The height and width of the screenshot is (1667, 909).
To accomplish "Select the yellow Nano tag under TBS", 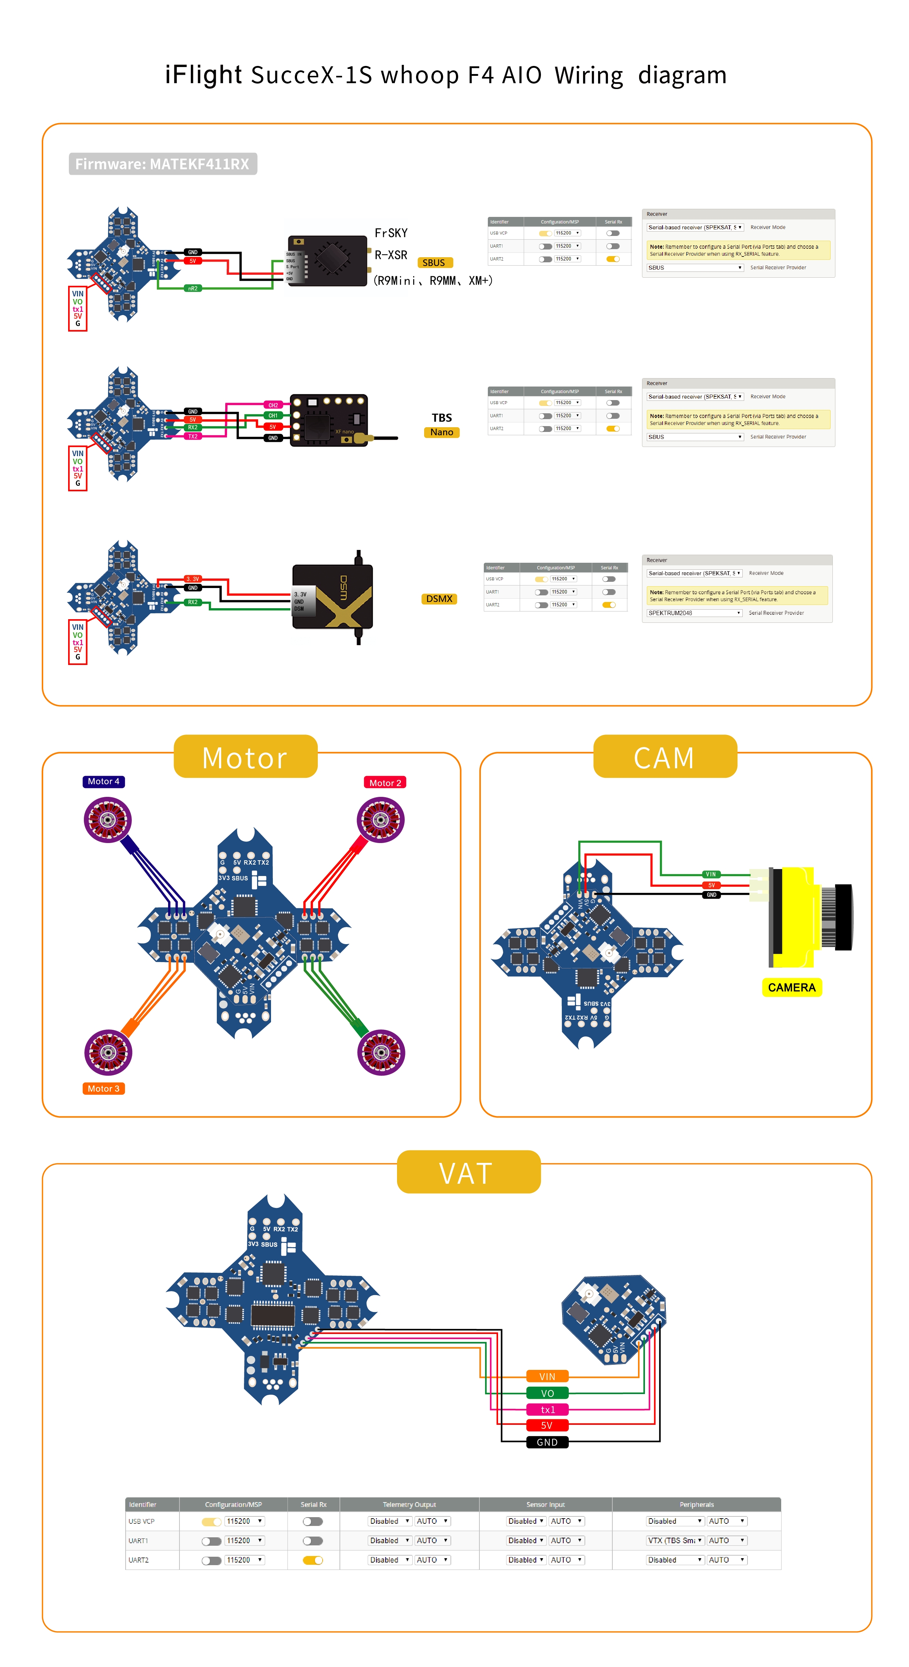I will (442, 432).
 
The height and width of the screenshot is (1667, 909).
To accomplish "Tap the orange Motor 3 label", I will (104, 1088).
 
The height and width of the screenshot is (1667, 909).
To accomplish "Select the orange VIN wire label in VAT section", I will (547, 1376).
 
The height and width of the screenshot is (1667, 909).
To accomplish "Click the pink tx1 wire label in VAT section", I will (547, 1409).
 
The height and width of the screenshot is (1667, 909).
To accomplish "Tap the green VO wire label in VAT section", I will (547, 1393).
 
